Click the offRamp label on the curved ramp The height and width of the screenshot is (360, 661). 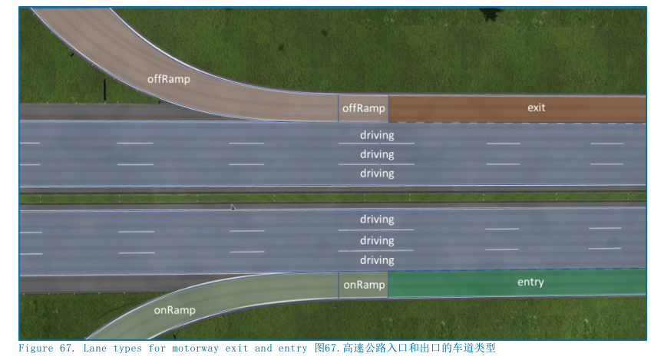click(169, 78)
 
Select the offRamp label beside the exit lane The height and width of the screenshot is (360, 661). click(363, 108)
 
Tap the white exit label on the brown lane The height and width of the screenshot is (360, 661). click(536, 107)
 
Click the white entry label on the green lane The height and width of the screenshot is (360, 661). click(530, 282)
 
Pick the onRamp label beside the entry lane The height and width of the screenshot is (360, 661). click(364, 285)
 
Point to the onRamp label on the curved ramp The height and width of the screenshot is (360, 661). click(174, 310)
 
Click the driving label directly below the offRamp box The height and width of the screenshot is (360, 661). click(377, 135)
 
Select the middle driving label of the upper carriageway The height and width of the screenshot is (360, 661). click(377, 154)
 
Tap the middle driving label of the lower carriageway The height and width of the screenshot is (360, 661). click(377, 240)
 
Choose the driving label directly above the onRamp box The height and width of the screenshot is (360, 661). click(377, 260)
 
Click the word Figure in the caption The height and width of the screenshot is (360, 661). click(36, 348)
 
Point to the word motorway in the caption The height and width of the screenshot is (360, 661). click(190, 348)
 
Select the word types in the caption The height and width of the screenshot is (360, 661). click(117, 348)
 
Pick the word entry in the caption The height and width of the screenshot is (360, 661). click(292, 348)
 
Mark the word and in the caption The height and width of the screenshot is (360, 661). click(263, 348)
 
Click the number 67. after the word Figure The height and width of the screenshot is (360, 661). click(67, 348)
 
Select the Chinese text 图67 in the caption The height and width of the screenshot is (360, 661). click(325, 348)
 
